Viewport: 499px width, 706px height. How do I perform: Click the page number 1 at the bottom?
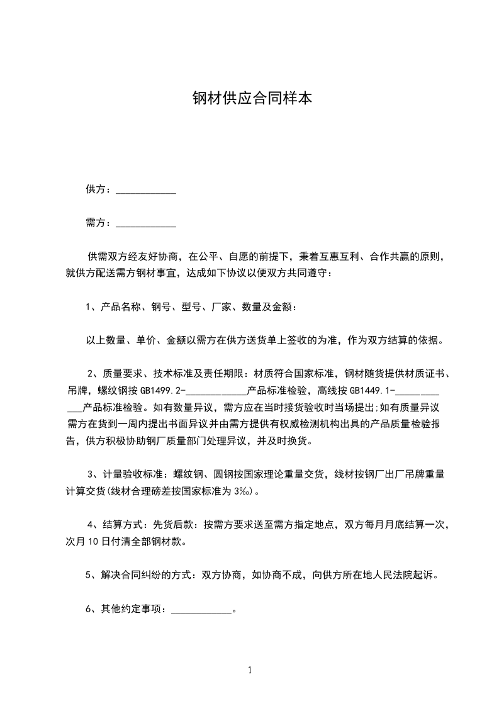click(x=250, y=670)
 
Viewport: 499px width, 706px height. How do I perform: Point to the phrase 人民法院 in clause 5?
click(x=384, y=575)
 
